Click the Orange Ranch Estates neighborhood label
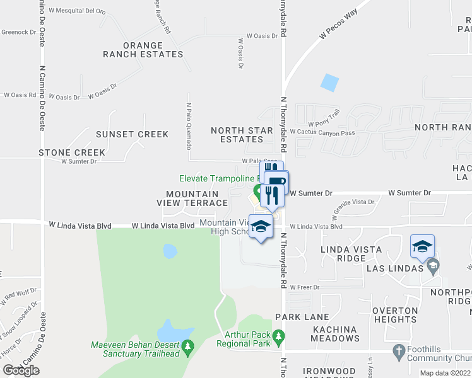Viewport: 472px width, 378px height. pos(143,50)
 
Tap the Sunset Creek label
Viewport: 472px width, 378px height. pos(132,134)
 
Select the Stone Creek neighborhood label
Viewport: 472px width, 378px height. pos(72,152)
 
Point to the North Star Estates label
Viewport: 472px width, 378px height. pos(237,135)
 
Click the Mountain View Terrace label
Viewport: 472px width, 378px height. pos(192,198)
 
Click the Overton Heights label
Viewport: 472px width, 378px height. pos(395,315)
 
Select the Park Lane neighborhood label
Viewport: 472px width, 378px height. pos(303,316)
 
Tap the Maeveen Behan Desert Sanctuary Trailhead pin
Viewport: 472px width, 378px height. pos(187,346)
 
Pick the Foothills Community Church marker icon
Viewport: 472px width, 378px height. pos(398,350)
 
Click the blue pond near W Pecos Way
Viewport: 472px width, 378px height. pos(329,83)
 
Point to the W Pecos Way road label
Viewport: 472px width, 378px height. pos(338,25)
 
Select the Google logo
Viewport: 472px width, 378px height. pos(21,370)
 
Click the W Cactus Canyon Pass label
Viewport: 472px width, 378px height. pos(322,132)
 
